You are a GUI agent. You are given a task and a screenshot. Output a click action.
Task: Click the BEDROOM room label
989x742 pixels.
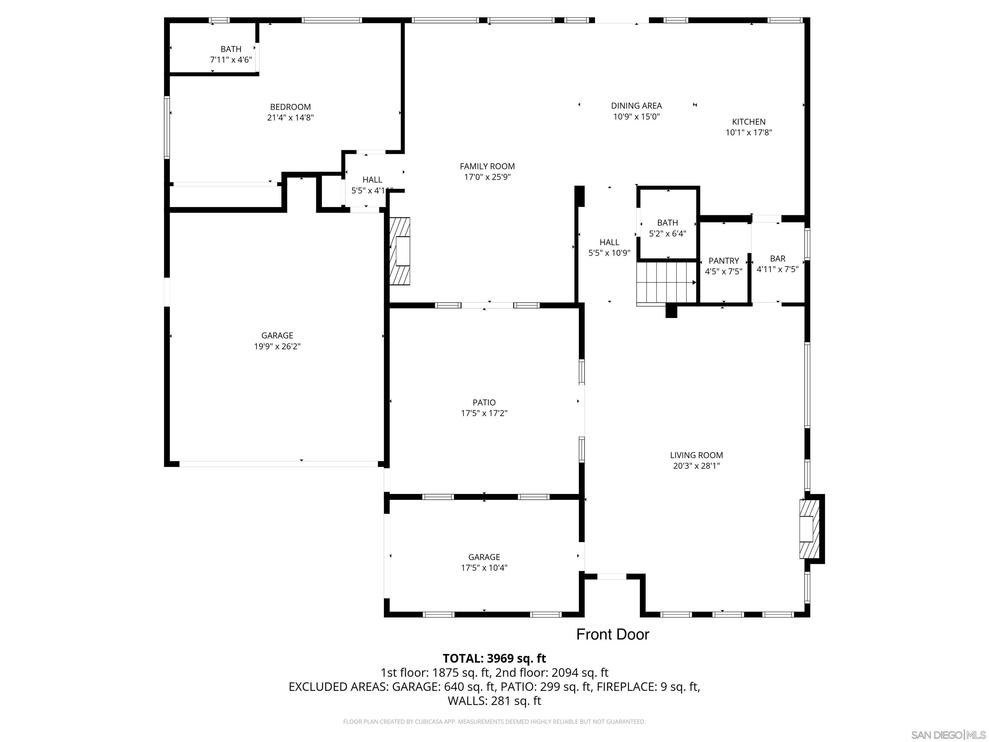click(290, 107)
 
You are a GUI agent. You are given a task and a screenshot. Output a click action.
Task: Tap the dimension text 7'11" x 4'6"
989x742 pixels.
click(231, 60)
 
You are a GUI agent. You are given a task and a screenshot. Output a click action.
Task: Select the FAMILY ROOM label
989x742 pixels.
click(487, 166)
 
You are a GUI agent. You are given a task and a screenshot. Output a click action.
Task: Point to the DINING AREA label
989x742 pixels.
click(636, 106)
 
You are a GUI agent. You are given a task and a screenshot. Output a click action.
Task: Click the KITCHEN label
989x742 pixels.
click(749, 122)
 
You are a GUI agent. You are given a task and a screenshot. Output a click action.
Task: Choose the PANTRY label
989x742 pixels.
click(723, 261)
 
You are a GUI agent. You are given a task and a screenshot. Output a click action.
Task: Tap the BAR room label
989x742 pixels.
click(777, 259)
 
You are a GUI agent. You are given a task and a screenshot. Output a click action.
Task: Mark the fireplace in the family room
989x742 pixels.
click(400, 251)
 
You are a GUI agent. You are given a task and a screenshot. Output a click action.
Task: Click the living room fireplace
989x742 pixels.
click(809, 529)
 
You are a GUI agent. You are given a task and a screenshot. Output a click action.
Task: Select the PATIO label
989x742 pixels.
click(484, 403)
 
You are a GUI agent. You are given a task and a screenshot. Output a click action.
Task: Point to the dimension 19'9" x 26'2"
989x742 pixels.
click(277, 346)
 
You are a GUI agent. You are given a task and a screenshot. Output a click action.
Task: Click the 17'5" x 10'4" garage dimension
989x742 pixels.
click(484, 568)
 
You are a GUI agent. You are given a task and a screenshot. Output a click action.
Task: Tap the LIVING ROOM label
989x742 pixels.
click(696, 455)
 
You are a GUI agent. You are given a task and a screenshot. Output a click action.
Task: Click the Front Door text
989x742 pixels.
click(612, 634)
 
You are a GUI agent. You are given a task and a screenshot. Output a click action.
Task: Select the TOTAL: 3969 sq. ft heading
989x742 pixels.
click(494, 658)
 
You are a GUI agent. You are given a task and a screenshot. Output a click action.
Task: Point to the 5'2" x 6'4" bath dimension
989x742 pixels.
click(667, 233)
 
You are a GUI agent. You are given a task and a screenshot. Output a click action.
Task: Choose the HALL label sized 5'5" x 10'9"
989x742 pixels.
click(609, 243)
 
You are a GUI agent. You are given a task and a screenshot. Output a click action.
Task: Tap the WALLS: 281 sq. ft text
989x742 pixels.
click(494, 701)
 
